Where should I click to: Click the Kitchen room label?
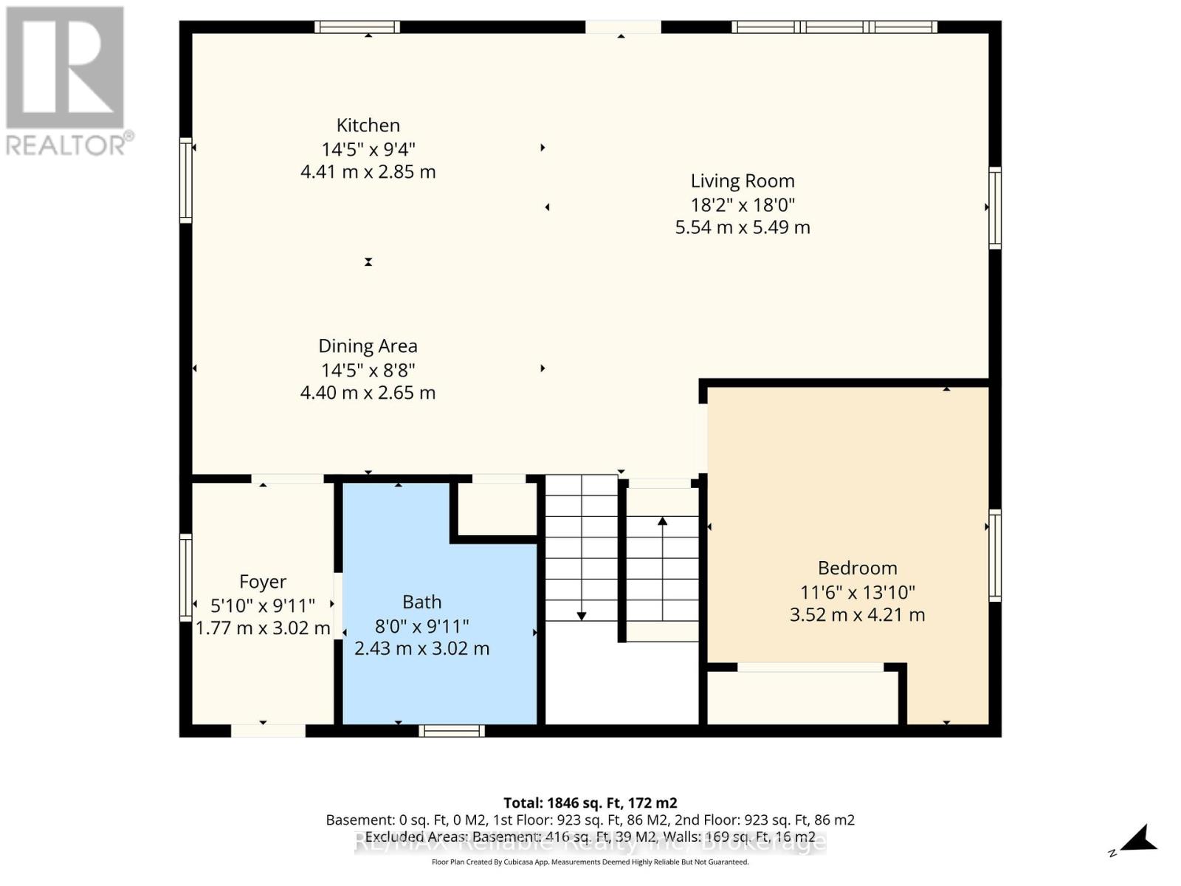click(x=368, y=126)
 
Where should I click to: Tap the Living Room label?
click(x=742, y=181)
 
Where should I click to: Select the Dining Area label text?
click(x=368, y=346)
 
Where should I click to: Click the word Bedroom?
click(x=857, y=568)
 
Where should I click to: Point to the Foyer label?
click(x=263, y=582)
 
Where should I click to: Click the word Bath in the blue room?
click(x=421, y=602)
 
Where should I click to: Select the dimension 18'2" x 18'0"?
click(x=742, y=205)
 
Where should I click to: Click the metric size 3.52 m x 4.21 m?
click(x=857, y=614)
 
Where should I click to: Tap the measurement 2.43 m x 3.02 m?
click(x=421, y=648)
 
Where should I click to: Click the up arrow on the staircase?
click(x=662, y=521)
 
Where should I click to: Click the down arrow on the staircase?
click(x=582, y=615)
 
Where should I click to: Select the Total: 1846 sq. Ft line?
click(x=590, y=803)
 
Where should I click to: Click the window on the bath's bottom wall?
click(x=452, y=730)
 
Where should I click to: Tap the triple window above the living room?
click(x=834, y=27)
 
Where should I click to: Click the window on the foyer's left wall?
click(x=185, y=576)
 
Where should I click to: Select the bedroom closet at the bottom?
click(x=802, y=698)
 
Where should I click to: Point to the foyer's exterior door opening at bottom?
click(x=268, y=730)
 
